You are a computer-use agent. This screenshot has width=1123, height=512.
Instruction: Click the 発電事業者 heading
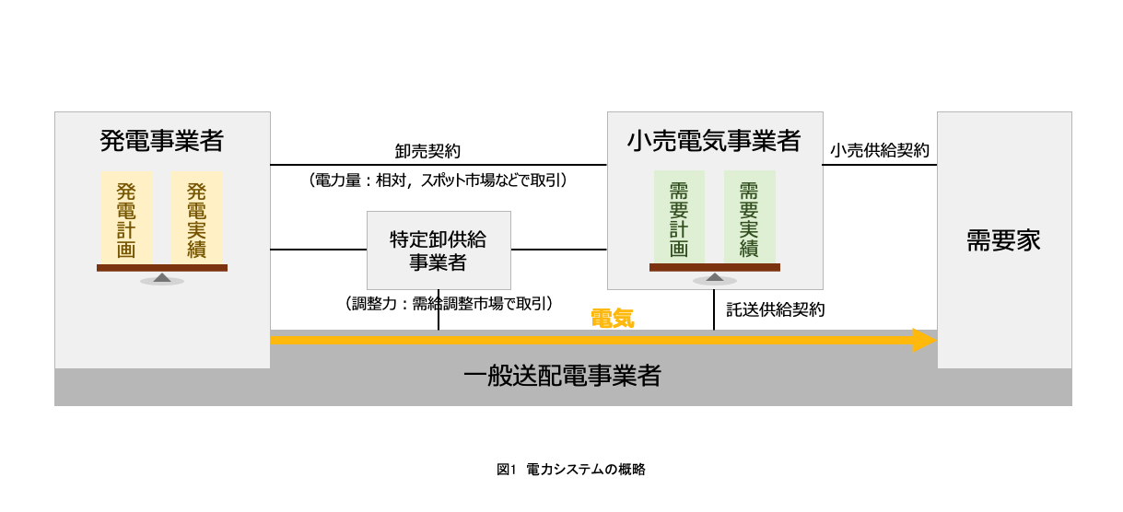(162, 141)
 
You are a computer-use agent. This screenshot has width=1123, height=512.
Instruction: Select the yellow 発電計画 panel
(126, 218)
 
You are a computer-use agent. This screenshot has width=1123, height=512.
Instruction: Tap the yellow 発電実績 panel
(196, 218)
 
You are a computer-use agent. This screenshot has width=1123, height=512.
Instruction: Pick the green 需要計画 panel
(679, 218)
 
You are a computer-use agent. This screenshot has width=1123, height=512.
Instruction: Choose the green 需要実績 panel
(749, 218)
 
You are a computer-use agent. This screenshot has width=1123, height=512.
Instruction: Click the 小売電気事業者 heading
(714, 141)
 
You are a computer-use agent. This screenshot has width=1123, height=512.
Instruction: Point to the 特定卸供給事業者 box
(439, 250)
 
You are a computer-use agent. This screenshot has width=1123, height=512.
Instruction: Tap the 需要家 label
(1003, 241)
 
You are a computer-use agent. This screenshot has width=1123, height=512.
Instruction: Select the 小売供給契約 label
(880, 150)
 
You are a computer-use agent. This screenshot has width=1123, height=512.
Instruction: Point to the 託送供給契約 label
(776, 310)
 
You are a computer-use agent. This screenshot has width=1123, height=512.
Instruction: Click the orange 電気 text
(613, 319)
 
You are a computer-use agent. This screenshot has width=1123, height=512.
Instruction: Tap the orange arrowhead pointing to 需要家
(924, 341)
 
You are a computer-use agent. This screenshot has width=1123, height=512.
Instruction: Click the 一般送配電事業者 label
(561, 377)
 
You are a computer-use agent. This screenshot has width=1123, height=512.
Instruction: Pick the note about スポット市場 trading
(438, 181)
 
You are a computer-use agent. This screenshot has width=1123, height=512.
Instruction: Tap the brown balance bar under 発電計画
(162, 268)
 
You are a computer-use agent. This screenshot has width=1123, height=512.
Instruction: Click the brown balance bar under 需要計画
(714, 268)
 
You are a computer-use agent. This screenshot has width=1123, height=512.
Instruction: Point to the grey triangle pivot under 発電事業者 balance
(162, 276)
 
